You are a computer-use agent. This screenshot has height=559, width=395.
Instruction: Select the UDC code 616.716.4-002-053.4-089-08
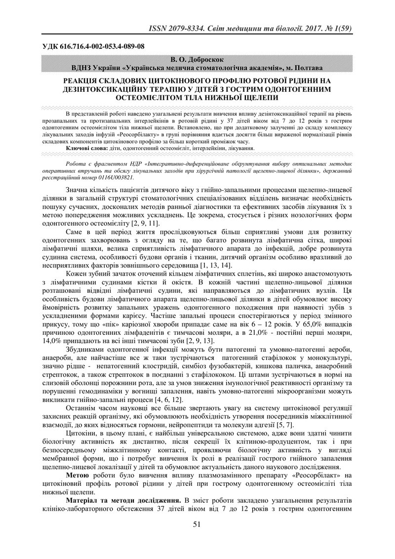[x=96, y=46]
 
